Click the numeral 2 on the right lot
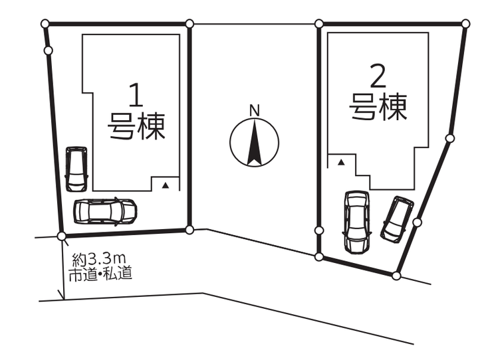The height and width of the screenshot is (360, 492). click(x=377, y=79)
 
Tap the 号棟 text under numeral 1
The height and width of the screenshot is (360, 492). click(x=136, y=126)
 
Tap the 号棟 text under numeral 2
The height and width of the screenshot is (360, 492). click(x=378, y=107)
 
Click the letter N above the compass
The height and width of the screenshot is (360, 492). click(x=253, y=110)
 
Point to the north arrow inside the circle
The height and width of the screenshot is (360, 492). click(x=254, y=142)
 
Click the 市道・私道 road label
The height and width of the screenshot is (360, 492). click(x=100, y=272)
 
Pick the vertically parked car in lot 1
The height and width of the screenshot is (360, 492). click(x=76, y=168)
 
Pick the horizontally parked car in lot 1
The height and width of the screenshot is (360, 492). click(x=104, y=211)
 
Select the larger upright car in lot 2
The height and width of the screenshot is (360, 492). click(x=356, y=221)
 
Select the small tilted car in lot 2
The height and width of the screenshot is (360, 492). click(x=397, y=219)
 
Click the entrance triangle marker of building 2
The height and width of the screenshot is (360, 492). click(x=341, y=162)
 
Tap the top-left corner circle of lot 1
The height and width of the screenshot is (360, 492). click(x=45, y=24)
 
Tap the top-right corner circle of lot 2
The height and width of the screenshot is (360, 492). click(x=467, y=24)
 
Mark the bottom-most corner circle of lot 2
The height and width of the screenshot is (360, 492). click(x=396, y=275)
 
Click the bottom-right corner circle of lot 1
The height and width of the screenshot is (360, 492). click(x=189, y=230)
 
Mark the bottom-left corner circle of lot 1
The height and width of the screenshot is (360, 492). click(x=62, y=236)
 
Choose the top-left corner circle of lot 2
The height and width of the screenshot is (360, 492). click(x=319, y=24)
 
